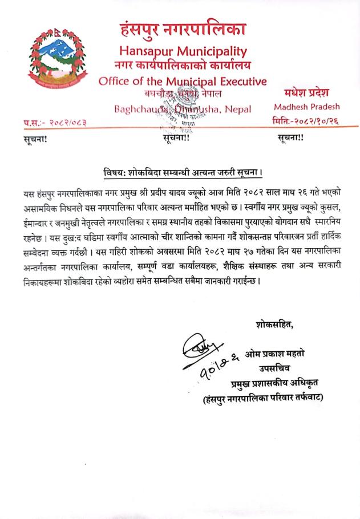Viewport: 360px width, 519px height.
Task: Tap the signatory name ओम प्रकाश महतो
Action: click(x=273, y=355)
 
